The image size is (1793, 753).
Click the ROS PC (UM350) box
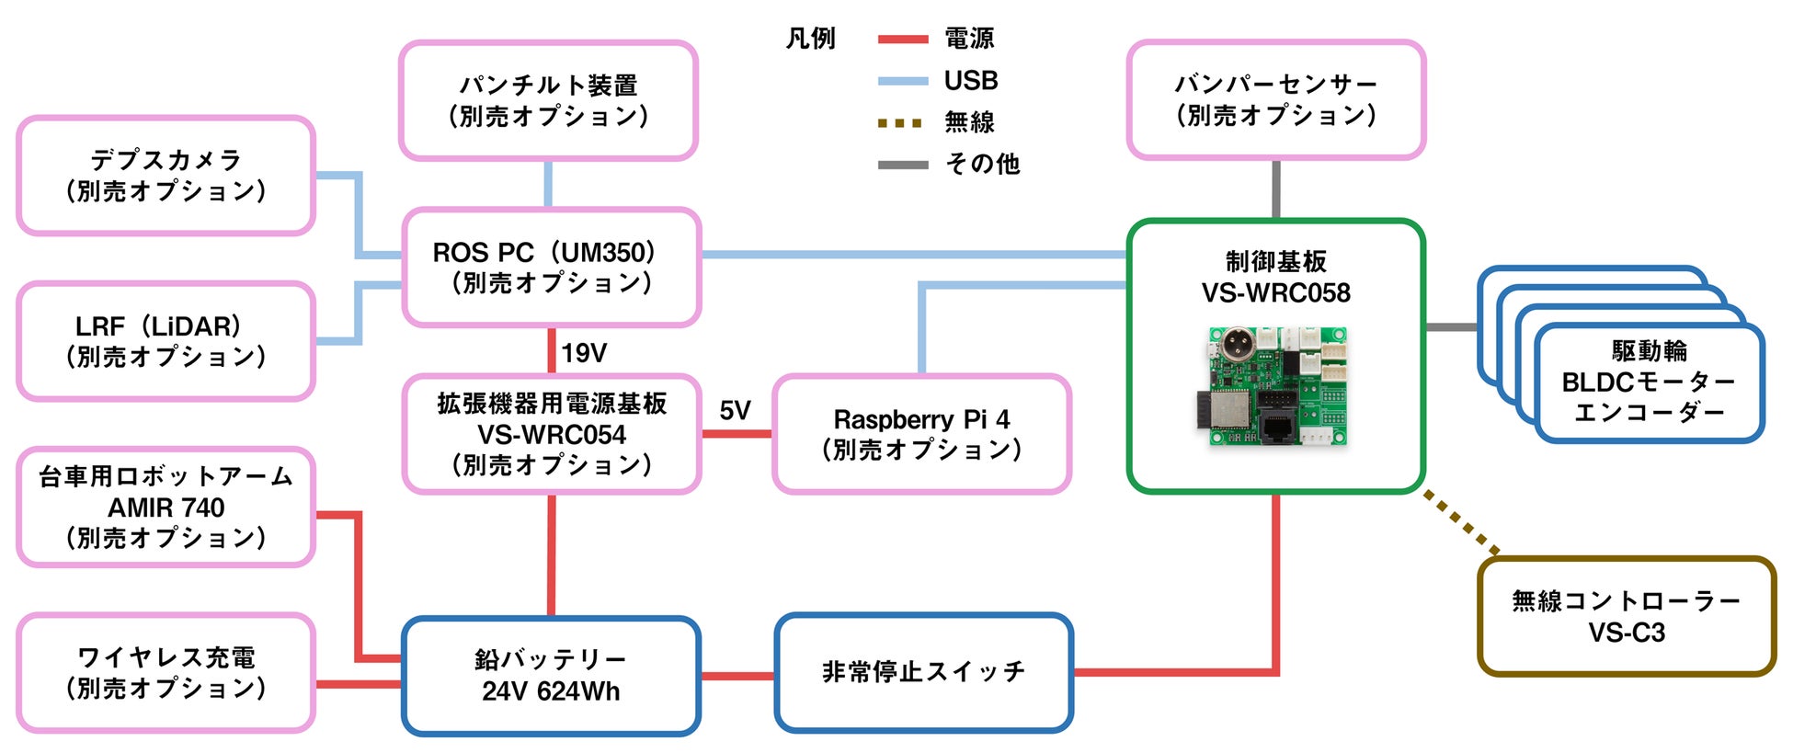[x=551, y=268]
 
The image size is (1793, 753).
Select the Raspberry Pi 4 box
[x=921, y=434]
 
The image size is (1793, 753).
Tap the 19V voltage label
[x=584, y=353]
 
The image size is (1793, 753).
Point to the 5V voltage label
[x=735, y=410]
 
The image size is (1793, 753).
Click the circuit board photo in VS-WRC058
[x=1276, y=386]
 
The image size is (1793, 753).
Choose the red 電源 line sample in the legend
[x=902, y=40]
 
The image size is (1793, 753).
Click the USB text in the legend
[x=970, y=81]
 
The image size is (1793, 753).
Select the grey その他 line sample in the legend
[x=902, y=165]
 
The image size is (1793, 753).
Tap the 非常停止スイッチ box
[x=923, y=673]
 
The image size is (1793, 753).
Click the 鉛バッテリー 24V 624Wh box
[x=551, y=676]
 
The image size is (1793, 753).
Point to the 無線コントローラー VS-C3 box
[x=1626, y=616]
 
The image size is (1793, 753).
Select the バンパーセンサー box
[x=1275, y=100]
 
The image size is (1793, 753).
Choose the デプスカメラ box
[x=166, y=176]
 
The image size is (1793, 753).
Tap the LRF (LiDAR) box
[x=166, y=341]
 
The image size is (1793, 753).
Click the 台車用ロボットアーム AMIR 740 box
[x=166, y=507]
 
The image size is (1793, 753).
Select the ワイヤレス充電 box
[x=166, y=673]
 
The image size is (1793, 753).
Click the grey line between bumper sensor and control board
[x=1276, y=189]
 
